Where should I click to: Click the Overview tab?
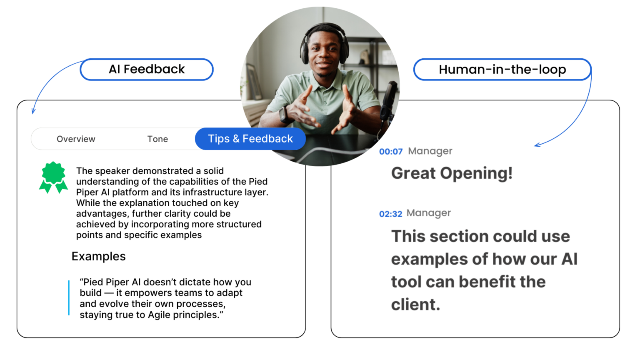76,139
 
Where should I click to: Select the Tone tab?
157,139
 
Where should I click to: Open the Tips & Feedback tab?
250,139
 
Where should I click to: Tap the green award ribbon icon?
53,177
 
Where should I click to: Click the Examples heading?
98,256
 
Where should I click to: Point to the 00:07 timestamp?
391,152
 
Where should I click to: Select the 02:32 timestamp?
390,214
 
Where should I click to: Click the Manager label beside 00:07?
430,151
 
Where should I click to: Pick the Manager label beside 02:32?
429,213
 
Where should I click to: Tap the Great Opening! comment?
452,173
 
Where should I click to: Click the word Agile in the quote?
156,315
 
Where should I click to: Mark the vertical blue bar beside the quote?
69,298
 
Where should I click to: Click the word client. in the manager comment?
415,305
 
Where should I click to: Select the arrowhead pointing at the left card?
33,111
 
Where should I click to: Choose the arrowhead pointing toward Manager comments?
537,145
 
